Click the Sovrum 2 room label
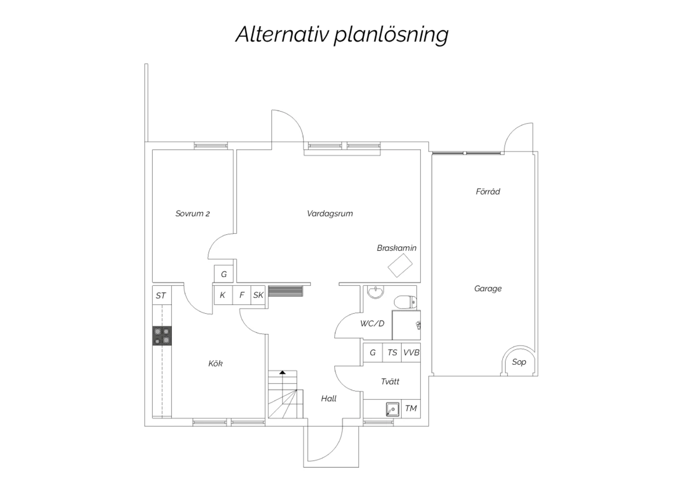pyautogui.click(x=192, y=213)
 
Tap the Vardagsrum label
pyautogui.click(x=330, y=213)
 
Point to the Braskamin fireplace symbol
pyautogui.click(x=400, y=265)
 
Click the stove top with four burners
pyautogui.click(x=162, y=336)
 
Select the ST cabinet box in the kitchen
pyautogui.click(x=161, y=295)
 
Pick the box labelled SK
pyautogui.click(x=258, y=295)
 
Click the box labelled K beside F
pyautogui.click(x=223, y=295)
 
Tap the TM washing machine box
pyautogui.click(x=411, y=408)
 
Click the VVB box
pyautogui.click(x=411, y=352)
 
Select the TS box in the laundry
pyautogui.click(x=392, y=352)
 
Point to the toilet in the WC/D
pyautogui.click(x=405, y=301)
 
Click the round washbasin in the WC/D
pyautogui.click(x=376, y=292)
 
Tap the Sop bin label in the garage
pyautogui.click(x=519, y=362)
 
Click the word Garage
pyautogui.click(x=487, y=289)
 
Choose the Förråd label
pyautogui.click(x=487, y=192)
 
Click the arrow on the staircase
pyautogui.click(x=283, y=373)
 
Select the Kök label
pyautogui.click(x=215, y=363)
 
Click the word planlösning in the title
pyautogui.click(x=391, y=35)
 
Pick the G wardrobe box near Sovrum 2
pyautogui.click(x=224, y=274)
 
